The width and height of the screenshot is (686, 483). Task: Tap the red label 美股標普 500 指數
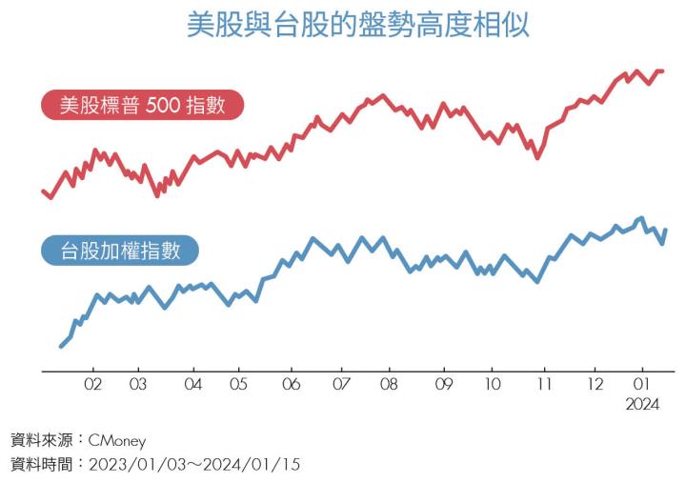142,105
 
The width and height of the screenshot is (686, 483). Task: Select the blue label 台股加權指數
121,251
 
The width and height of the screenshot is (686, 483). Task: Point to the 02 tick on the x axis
93,385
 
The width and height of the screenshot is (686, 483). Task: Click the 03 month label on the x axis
138,385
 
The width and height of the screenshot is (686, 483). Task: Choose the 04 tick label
193,385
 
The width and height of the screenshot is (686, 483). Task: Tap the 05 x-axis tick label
238,385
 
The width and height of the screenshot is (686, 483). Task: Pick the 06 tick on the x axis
292,385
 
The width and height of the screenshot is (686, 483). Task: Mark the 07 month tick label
341,385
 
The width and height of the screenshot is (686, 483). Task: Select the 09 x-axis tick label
443,385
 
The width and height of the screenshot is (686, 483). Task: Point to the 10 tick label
492,385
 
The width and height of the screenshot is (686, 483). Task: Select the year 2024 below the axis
642,405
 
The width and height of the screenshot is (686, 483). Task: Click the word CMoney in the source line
117,441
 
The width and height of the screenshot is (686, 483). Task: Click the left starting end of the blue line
61,346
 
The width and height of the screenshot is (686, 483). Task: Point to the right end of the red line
662,71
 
